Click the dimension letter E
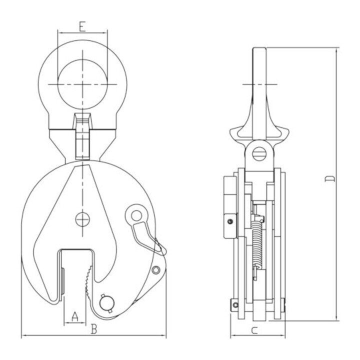[x=82, y=26]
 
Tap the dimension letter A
[x=74, y=316]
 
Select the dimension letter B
[x=94, y=328]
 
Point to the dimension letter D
[x=330, y=179]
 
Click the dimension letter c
[x=254, y=330]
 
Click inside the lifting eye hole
[x=82, y=84]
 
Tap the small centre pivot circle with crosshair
[x=82, y=219]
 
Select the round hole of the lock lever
[x=136, y=215]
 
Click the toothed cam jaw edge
[x=89, y=281]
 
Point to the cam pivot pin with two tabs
[x=107, y=303]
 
